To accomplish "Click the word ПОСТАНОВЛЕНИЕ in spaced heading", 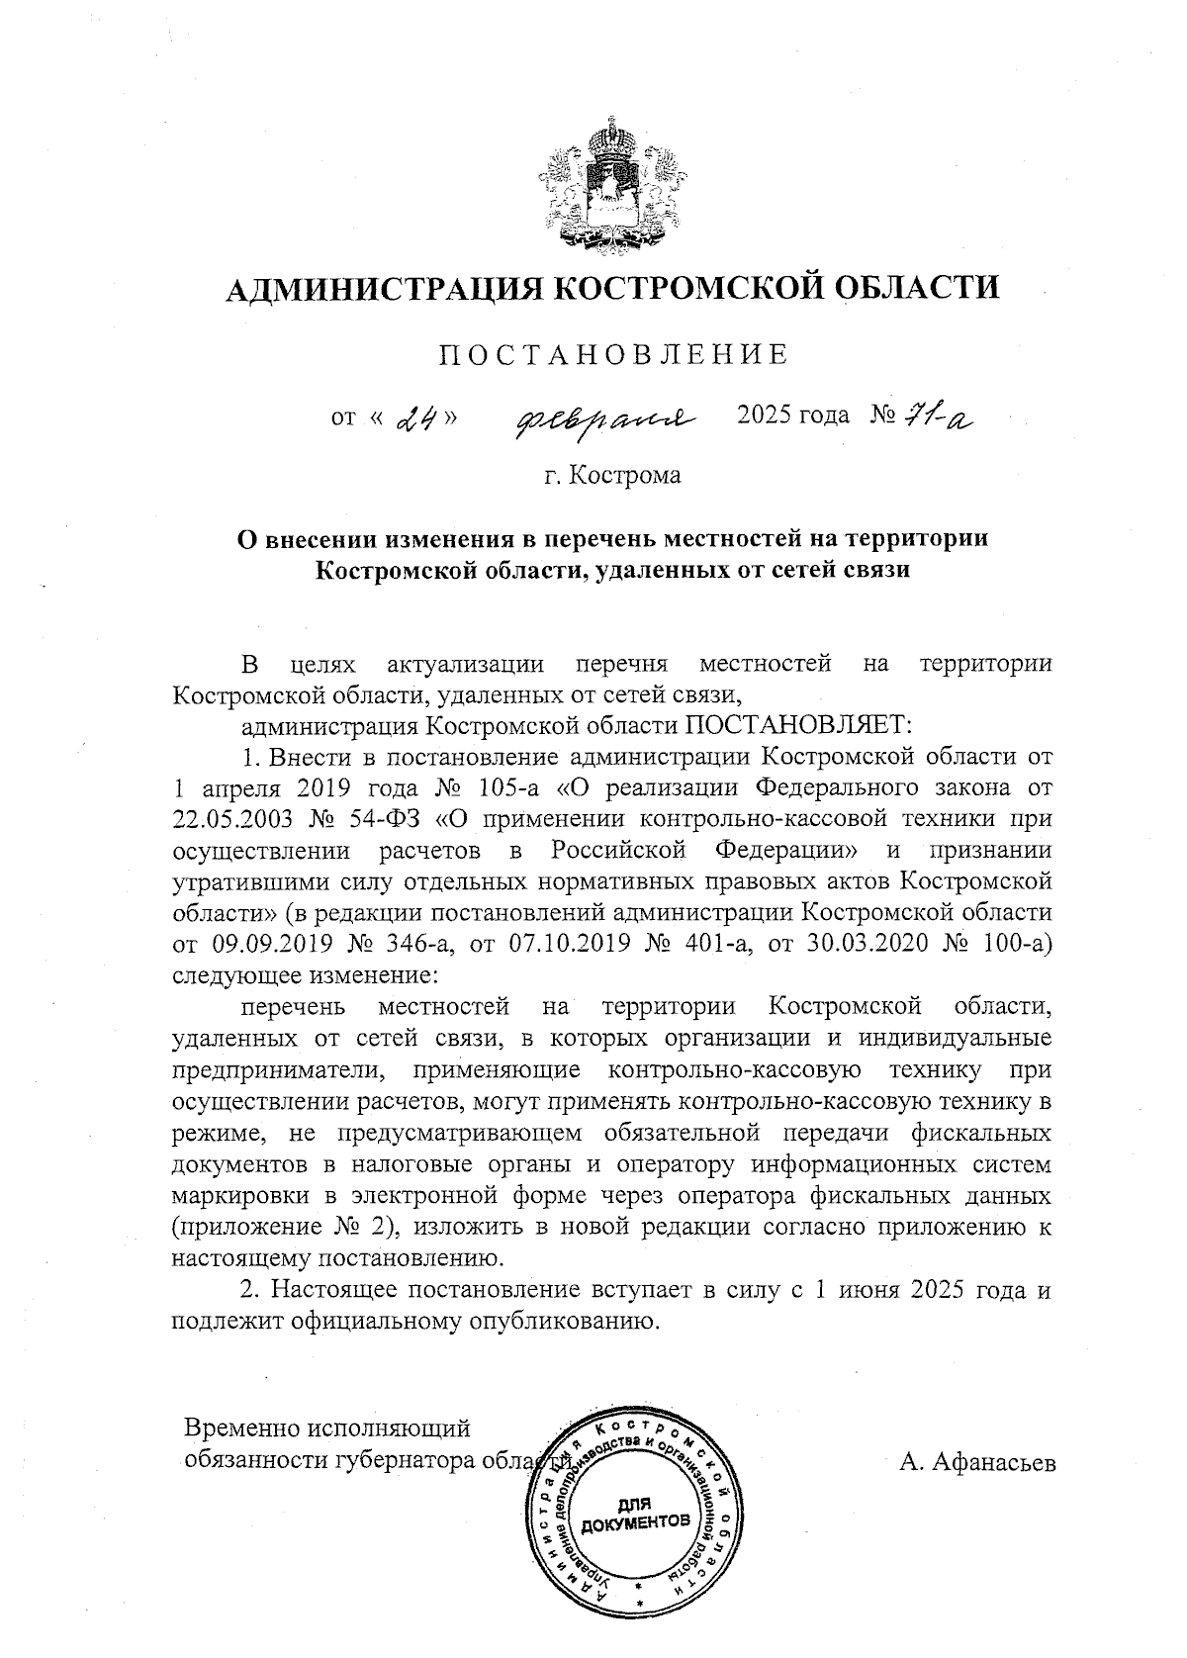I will pos(614,354).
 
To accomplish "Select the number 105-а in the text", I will pos(521,787).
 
